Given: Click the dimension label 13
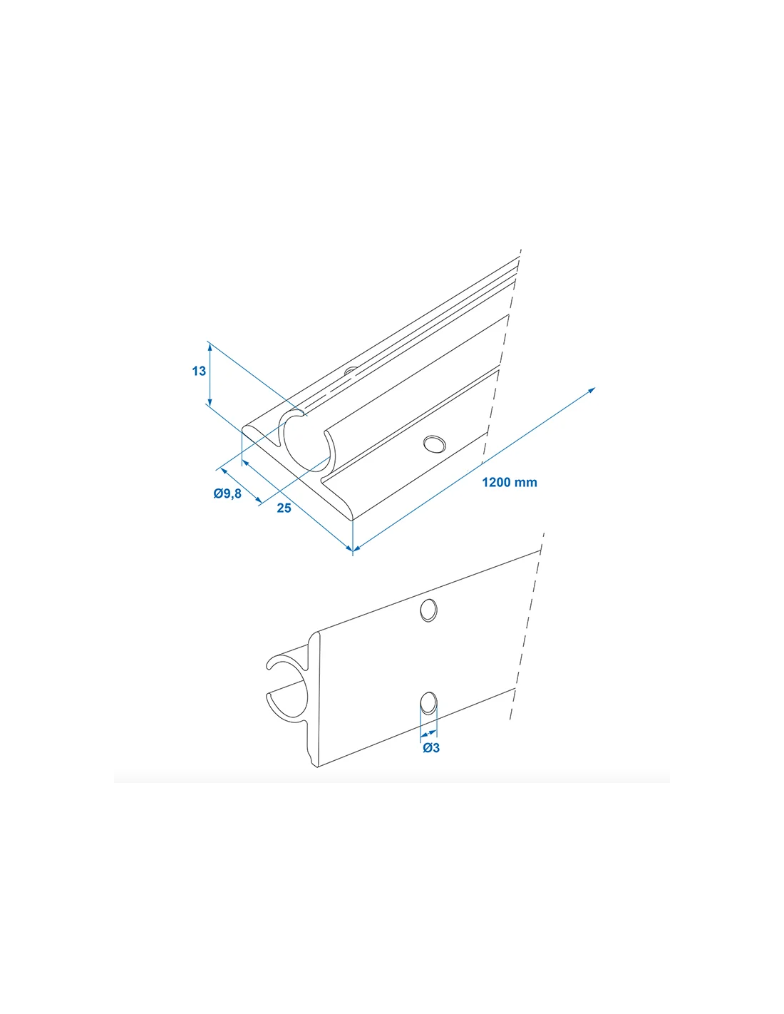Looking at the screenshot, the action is [199, 371].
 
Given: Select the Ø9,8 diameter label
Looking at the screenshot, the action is [227, 493].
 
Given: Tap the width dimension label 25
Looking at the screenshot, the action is [284, 508].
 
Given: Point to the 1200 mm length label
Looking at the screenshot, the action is [510, 482].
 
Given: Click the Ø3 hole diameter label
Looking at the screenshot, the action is [431, 748].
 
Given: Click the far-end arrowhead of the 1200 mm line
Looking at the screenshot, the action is [592, 390].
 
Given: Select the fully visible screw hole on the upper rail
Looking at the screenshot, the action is [434, 444].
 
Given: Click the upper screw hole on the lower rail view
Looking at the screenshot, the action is [428, 610].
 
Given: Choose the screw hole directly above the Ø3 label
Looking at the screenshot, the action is [428, 716].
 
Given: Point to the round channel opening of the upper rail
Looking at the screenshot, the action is [308, 444].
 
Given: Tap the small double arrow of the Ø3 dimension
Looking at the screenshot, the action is [428, 734].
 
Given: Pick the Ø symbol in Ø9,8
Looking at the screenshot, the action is [218, 493].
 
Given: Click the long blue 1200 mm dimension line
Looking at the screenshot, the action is [474, 469].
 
